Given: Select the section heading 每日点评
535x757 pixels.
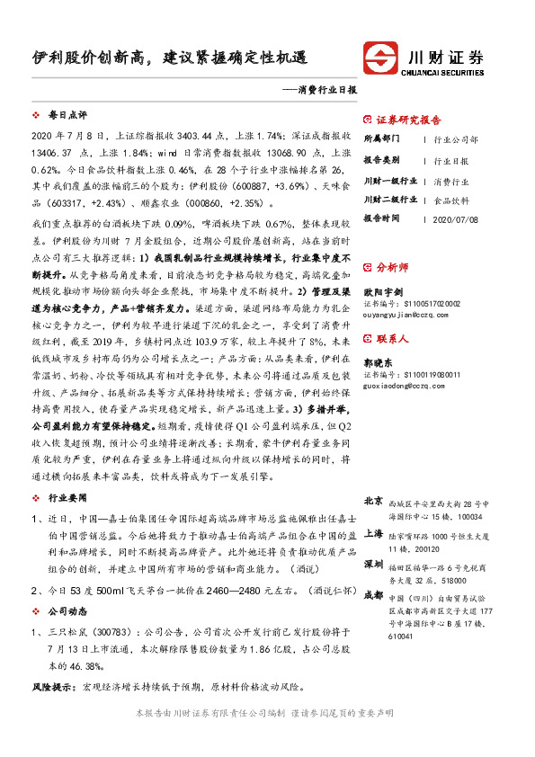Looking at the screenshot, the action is (x=67, y=116).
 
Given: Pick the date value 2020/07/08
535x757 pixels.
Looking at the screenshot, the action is (x=455, y=218).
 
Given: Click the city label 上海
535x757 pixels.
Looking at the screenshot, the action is (x=372, y=533).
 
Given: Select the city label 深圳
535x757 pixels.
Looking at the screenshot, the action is (x=372, y=565).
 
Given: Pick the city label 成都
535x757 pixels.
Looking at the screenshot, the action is (x=372, y=595).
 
